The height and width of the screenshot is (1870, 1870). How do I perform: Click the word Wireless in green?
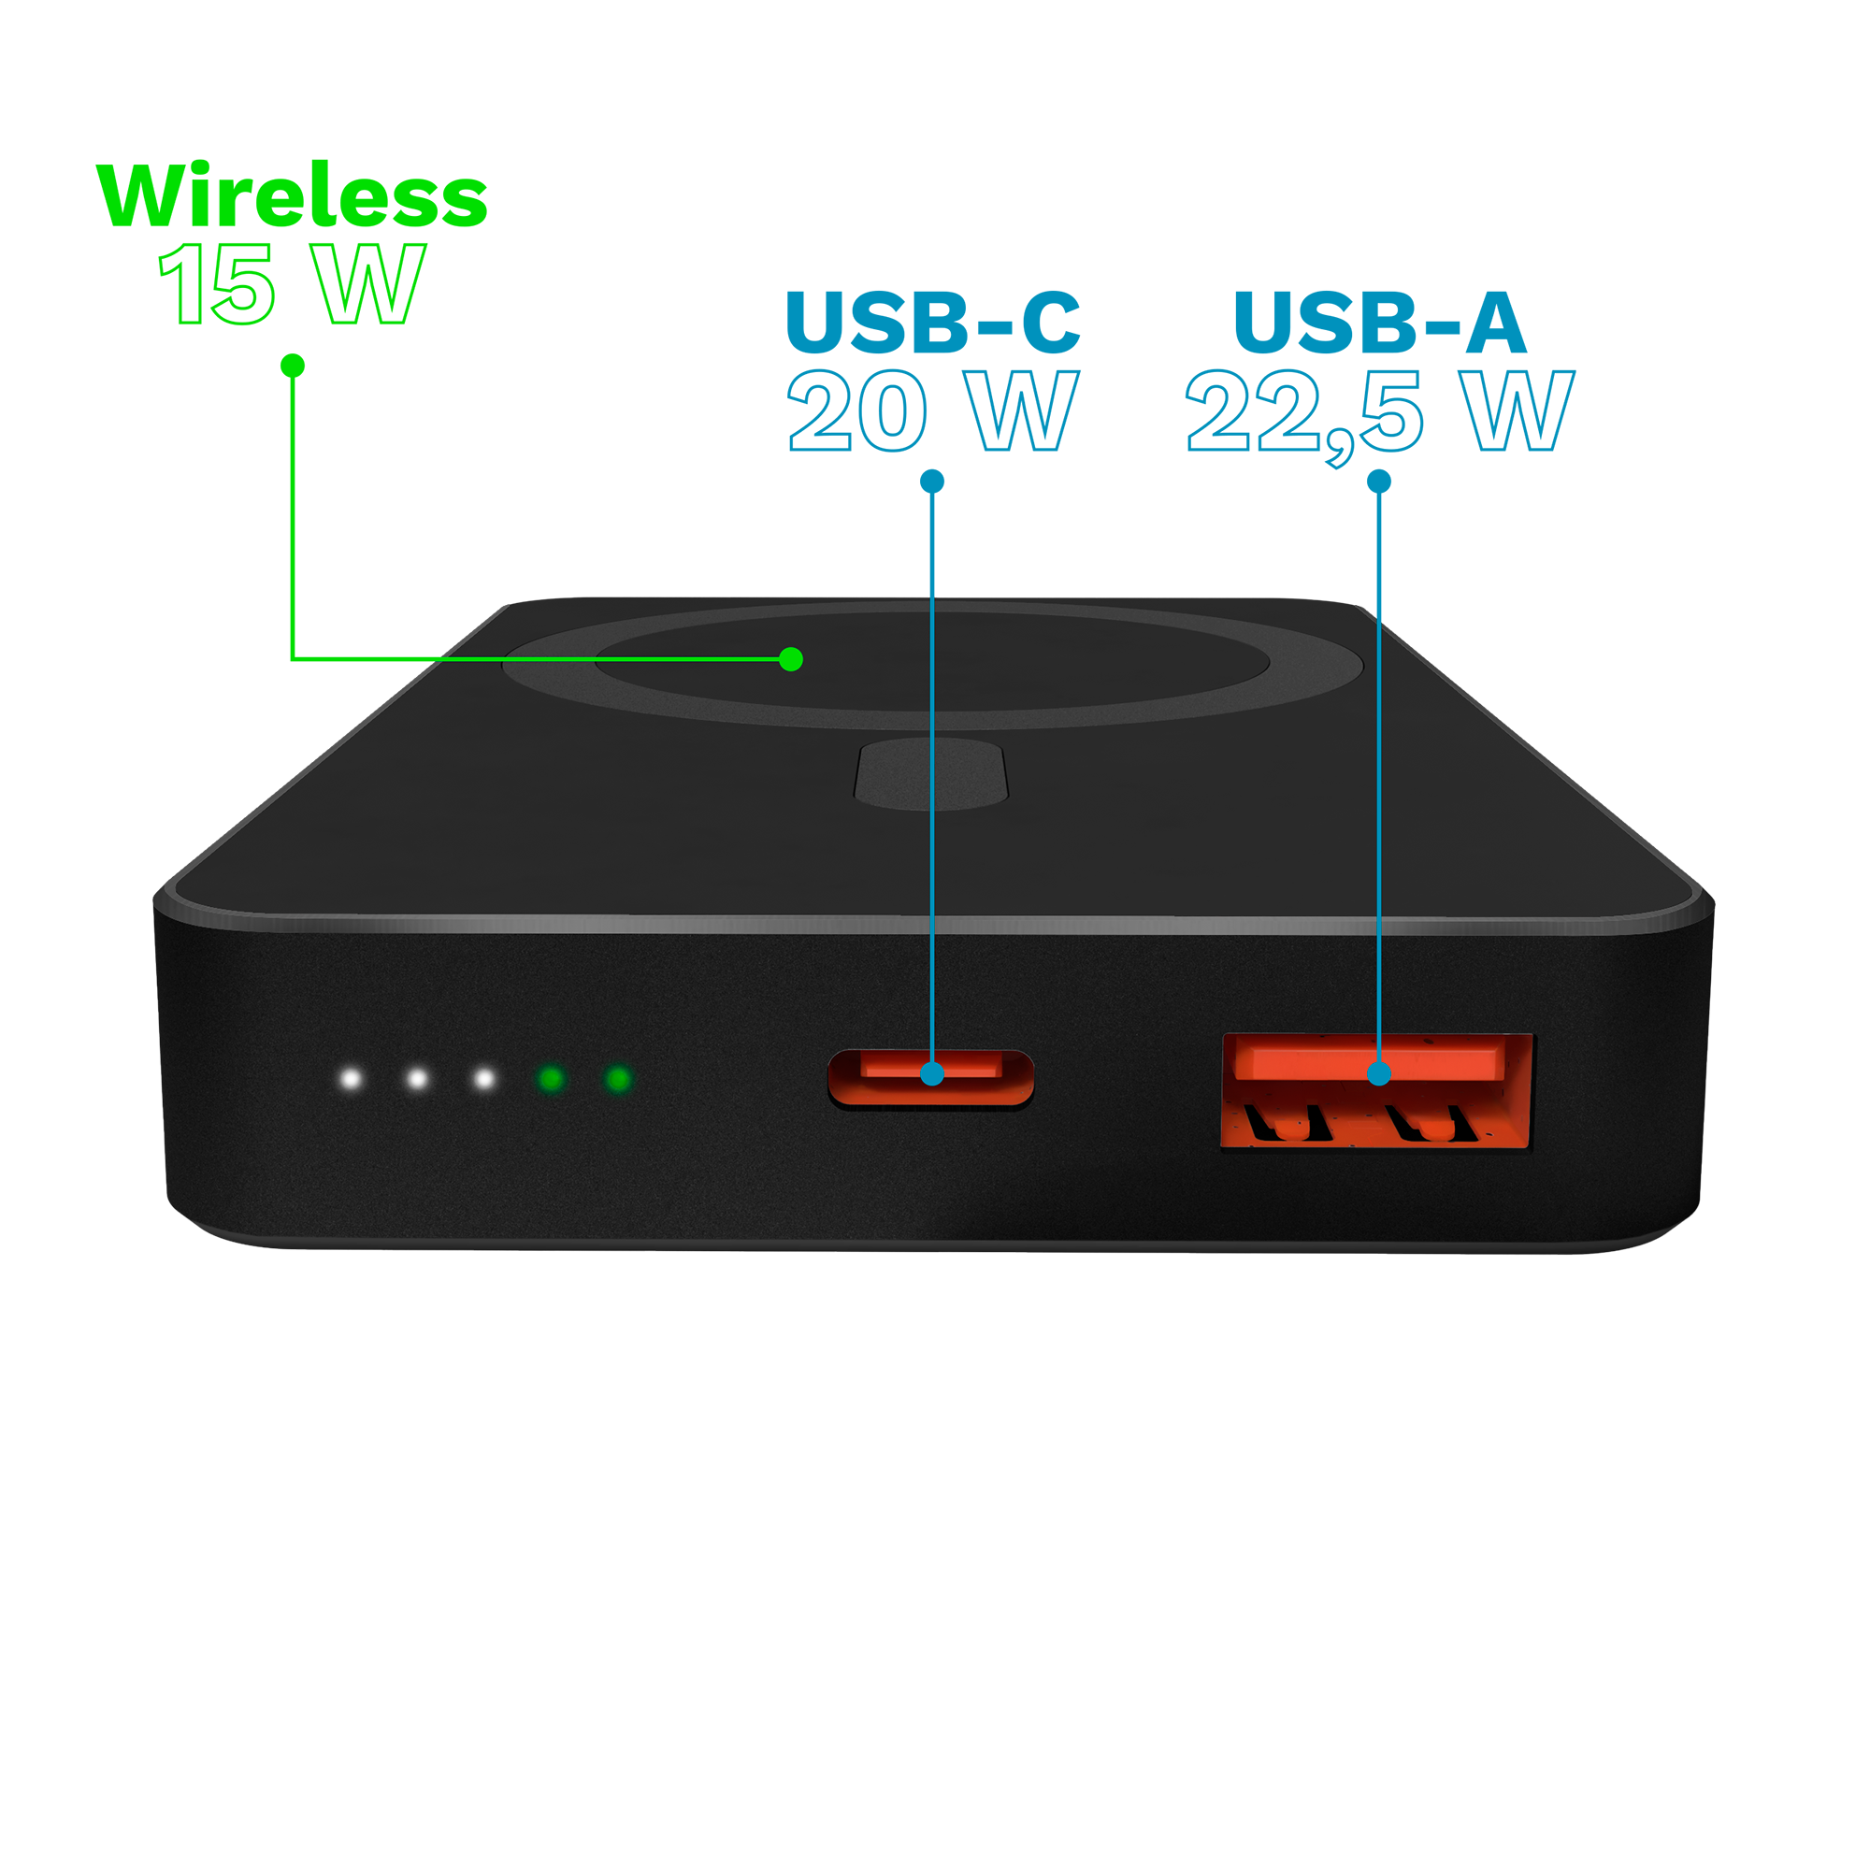[x=292, y=195]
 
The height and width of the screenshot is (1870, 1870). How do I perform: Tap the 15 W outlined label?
[x=292, y=282]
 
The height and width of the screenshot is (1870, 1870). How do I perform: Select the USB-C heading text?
[x=932, y=322]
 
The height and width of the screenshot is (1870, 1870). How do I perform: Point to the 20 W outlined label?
[x=933, y=410]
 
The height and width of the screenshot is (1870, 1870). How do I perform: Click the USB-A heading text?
[x=1380, y=322]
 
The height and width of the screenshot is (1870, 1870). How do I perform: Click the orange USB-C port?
[x=931, y=1078]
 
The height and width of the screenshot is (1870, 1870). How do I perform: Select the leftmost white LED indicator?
[x=352, y=1078]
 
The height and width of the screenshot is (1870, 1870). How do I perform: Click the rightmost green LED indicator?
[x=618, y=1078]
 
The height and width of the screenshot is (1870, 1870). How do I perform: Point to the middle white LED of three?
[x=417, y=1078]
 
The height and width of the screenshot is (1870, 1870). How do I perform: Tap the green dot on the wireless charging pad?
[x=791, y=659]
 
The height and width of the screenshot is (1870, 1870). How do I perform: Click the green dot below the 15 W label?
[x=293, y=365]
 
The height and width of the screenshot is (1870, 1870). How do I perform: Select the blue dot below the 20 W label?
[x=932, y=481]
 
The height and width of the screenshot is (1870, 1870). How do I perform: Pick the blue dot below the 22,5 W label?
[x=1379, y=481]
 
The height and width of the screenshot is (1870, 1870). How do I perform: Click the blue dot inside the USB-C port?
[x=932, y=1072]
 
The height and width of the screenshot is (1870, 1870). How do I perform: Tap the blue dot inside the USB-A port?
[x=1379, y=1072]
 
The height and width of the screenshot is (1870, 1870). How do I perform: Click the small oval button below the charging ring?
[x=931, y=773]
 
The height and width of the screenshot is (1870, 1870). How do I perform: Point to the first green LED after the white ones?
[x=552, y=1078]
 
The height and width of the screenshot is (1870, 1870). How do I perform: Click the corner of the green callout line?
[x=293, y=659]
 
